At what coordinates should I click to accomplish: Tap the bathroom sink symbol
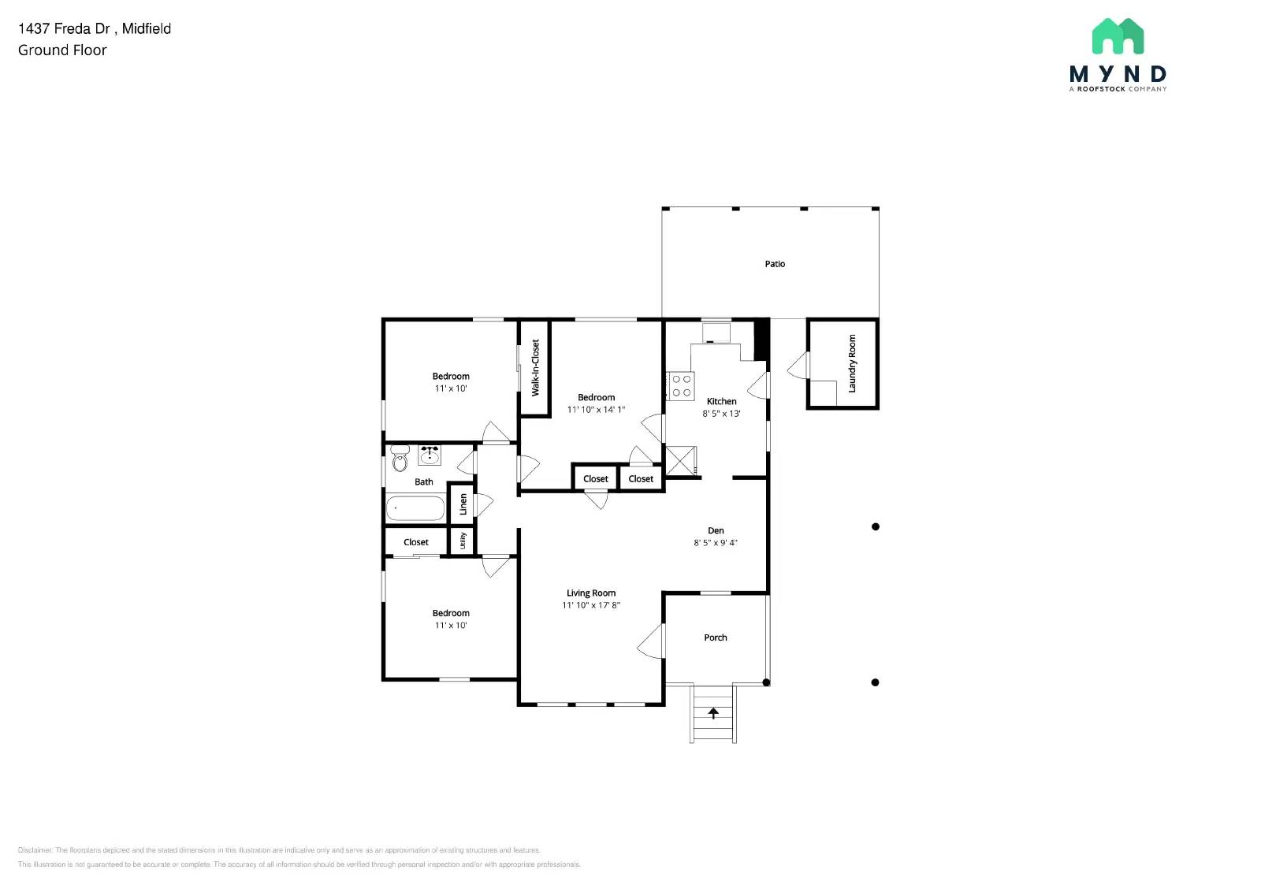(430, 455)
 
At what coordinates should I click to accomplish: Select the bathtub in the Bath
(415, 508)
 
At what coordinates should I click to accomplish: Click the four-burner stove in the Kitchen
(682, 386)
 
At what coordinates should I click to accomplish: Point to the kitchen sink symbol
(716, 333)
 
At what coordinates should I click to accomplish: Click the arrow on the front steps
(713, 713)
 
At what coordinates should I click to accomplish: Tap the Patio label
(775, 264)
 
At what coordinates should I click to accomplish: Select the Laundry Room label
(852, 363)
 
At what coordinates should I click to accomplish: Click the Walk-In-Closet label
(536, 368)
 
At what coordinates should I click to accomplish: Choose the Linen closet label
(463, 504)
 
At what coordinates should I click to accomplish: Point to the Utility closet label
(463, 541)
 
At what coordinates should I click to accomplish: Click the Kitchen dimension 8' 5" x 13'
(721, 414)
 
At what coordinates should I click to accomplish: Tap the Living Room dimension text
(591, 605)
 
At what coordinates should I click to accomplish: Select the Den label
(716, 530)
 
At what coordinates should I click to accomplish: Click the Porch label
(716, 637)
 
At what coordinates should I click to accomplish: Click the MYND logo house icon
(1118, 36)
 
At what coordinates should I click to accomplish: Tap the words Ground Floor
(62, 50)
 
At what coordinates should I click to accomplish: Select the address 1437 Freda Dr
(64, 28)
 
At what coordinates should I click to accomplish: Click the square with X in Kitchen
(681, 460)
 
